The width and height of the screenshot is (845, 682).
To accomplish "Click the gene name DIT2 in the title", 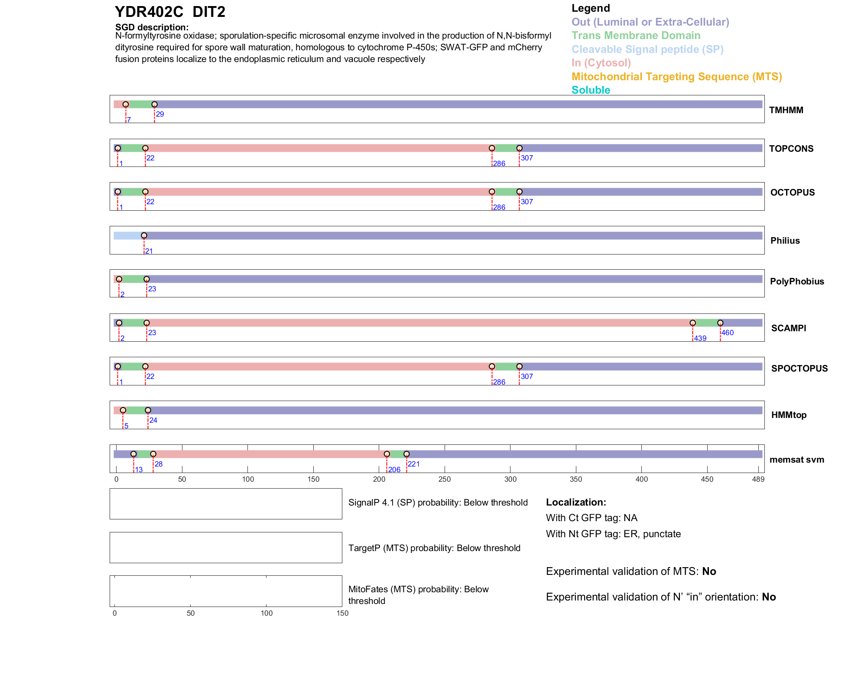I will pyautogui.click(x=209, y=12).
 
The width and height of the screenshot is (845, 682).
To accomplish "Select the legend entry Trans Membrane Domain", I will pyautogui.click(x=636, y=36).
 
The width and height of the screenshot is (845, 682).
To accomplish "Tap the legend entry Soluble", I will pyautogui.click(x=591, y=90).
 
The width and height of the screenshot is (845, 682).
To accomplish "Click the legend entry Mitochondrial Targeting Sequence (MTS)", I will pyautogui.click(x=676, y=77).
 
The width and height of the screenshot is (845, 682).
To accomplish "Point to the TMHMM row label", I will pyautogui.click(x=786, y=110).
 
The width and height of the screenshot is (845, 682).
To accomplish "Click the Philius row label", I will pyautogui.click(x=785, y=241).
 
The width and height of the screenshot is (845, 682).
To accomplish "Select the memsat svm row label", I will pyautogui.click(x=796, y=460).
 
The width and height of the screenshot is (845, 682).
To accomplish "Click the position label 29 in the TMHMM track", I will pyautogui.click(x=160, y=114).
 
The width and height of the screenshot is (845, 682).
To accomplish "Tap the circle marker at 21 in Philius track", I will pyautogui.click(x=144, y=236).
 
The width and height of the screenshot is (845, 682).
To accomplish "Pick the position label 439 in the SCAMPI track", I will pyautogui.click(x=700, y=339).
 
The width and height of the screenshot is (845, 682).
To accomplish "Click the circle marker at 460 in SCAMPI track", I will pyautogui.click(x=720, y=323).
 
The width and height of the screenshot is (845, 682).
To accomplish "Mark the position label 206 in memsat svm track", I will pyautogui.click(x=394, y=470).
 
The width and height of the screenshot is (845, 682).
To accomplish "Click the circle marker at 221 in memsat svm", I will pyautogui.click(x=406, y=454).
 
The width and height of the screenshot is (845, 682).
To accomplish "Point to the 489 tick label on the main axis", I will pyautogui.click(x=758, y=480).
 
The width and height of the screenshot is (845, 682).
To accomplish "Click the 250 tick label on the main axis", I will pyautogui.click(x=445, y=480).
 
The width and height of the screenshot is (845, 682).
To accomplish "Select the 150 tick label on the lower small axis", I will pyautogui.click(x=342, y=613).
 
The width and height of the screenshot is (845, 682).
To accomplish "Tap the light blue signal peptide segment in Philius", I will pyautogui.click(x=128, y=236).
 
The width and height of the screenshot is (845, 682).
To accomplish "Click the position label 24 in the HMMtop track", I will pyautogui.click(x=153, y=421).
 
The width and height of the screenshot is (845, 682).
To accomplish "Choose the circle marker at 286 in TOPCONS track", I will pyautogui.click(x=492, y=148).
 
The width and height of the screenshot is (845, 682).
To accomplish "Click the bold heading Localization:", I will pyautogui.click(x=576, y=503).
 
